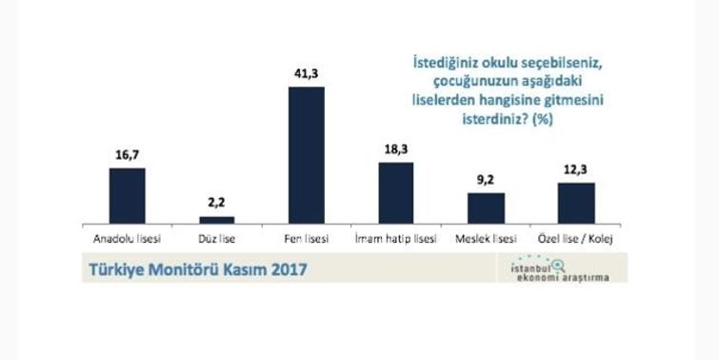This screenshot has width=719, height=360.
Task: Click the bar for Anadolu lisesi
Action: pos(128,195)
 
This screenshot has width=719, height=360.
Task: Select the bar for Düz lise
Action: pos(216,220)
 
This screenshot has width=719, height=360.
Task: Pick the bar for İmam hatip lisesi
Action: pos(396,192)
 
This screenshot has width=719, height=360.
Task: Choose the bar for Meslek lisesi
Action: pos(486,208)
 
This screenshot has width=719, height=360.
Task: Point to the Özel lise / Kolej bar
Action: pos(575,203)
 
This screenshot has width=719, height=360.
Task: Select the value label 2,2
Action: pos(216,202)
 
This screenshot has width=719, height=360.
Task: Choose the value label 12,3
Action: pos(575,168)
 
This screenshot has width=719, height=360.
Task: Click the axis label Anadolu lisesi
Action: pos(127,238)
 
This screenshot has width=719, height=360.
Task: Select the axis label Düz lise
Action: pos(216,238)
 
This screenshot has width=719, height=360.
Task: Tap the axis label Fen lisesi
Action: pos(306,238)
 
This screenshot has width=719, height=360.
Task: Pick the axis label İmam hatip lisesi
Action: pos(396,238)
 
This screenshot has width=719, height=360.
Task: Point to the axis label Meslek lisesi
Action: pos(486,238)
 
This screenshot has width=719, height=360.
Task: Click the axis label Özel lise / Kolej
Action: pos(575,238)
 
